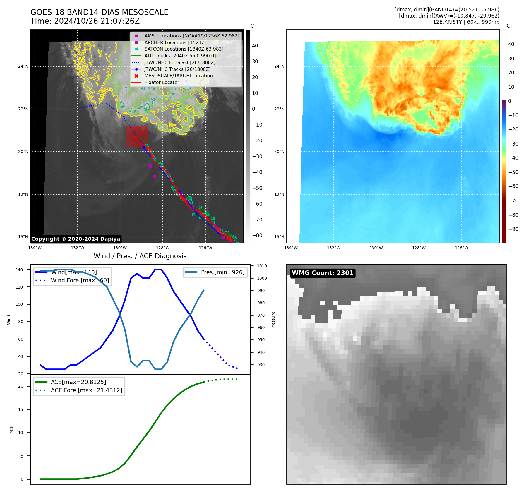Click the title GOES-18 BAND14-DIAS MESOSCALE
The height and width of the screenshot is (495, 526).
point(99,12)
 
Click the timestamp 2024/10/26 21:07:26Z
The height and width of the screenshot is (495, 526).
point(97,21)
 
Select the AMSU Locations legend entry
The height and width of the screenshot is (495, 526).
point(191,36)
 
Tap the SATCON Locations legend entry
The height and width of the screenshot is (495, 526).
point(184,49)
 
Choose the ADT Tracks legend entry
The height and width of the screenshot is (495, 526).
point(180,56)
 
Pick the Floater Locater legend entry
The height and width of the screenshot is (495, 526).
point(162,82)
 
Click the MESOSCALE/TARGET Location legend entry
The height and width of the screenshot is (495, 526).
point(178,76)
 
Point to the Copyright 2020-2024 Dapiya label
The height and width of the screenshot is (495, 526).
point(76,239)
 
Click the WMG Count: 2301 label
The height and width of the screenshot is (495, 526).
point(323,273)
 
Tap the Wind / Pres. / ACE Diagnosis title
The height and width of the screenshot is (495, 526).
point(140,256)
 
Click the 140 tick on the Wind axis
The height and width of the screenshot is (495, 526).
point(19,270)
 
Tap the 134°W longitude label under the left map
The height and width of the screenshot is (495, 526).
point(35,248)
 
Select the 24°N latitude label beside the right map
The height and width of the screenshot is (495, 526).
point(279,66)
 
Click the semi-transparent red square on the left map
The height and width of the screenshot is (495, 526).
point(137,136)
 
